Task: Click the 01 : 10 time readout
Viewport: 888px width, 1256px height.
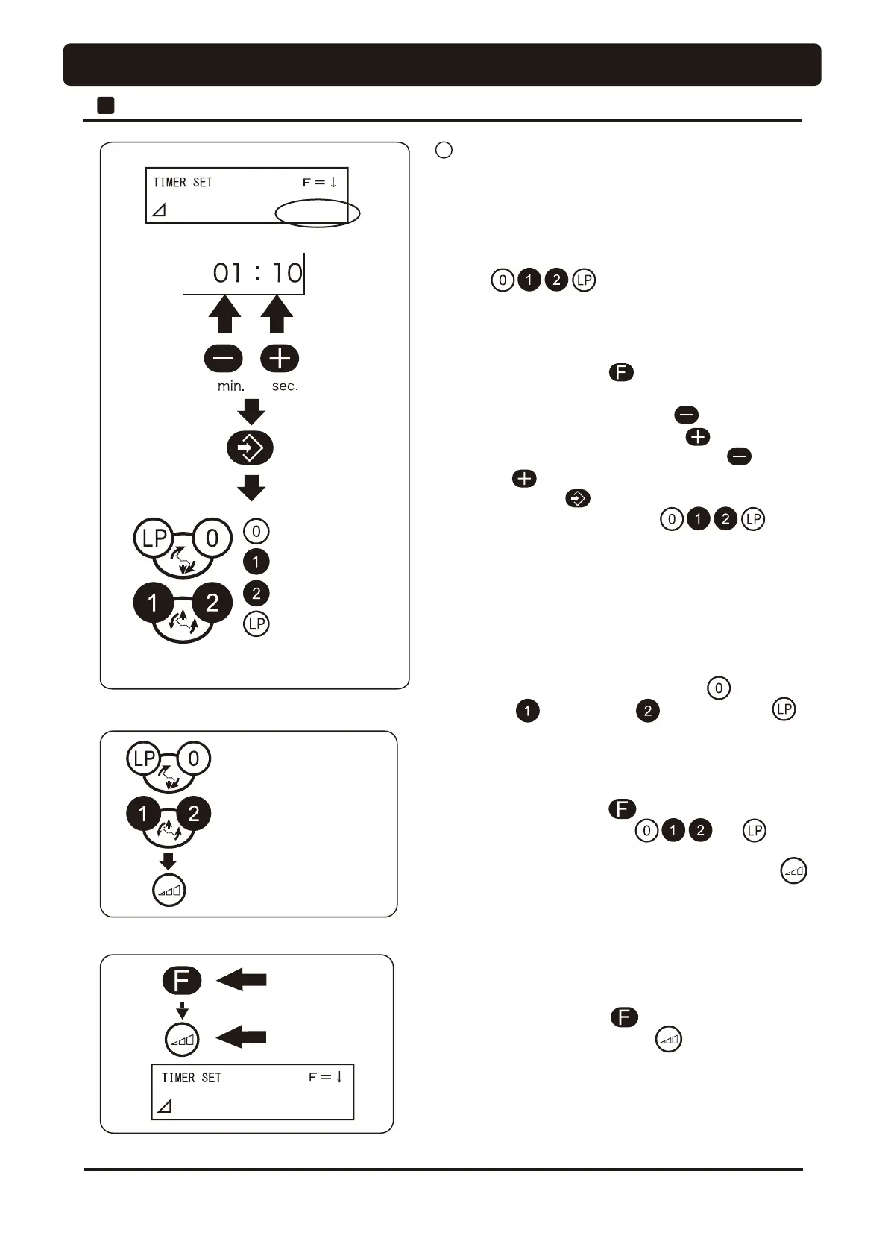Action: click(x=257, y=273)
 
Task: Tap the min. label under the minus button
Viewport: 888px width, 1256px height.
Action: click(x=231, y=386)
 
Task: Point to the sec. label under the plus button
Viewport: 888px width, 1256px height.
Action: click(x=284, y=386)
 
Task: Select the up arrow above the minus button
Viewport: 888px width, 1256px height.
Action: click(x=224, y=315)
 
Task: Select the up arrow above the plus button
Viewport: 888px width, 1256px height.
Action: click(x=277, y=315)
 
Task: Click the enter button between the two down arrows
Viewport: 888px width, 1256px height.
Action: click(x=250, y=448)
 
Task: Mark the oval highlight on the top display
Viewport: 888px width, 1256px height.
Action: click(x=318, y=214)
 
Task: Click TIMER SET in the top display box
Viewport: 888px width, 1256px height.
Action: click(x=183, y=183)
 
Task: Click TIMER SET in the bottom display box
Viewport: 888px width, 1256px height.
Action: click(x=192, y=1078)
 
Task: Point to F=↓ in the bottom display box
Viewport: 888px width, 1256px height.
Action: click(x=326, y=1077)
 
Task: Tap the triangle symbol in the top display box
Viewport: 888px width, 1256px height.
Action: click(x=159, y=211)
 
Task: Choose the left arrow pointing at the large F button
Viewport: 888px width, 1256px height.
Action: click(x=242, y=980)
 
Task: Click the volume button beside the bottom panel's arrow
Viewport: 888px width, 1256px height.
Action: click(x=182, y=1039)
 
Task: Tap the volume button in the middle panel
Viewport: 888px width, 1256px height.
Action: click(x=169, y=891)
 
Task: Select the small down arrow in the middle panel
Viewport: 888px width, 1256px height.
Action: click(x=169, y=861)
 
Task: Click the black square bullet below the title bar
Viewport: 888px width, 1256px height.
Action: click(x=106, y=105)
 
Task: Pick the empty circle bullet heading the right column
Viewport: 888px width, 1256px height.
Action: click(x=444, y=150)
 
